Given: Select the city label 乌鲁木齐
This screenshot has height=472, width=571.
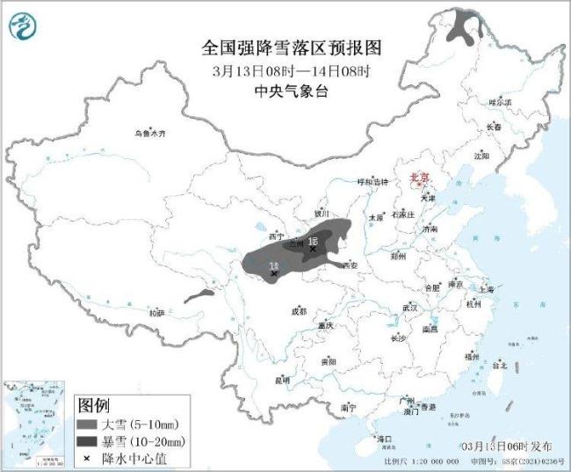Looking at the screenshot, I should click(x=149, y=133).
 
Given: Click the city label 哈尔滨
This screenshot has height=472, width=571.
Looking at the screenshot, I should click(x=500, y=102).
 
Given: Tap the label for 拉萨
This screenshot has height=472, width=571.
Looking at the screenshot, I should click(x=156, y=312).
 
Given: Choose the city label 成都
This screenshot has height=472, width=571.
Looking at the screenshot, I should click(x=299, y=310).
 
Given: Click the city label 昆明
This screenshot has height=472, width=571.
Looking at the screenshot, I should click(x=282, y=380).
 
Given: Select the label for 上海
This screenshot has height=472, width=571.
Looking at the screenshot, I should click(x=485, y=288).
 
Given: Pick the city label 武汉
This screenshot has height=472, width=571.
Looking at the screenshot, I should click(x=409, y=308).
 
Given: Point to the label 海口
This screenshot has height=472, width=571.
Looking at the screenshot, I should click(x=384, y=437).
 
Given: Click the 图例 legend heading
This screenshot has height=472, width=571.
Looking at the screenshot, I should click(x=95, y=405).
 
